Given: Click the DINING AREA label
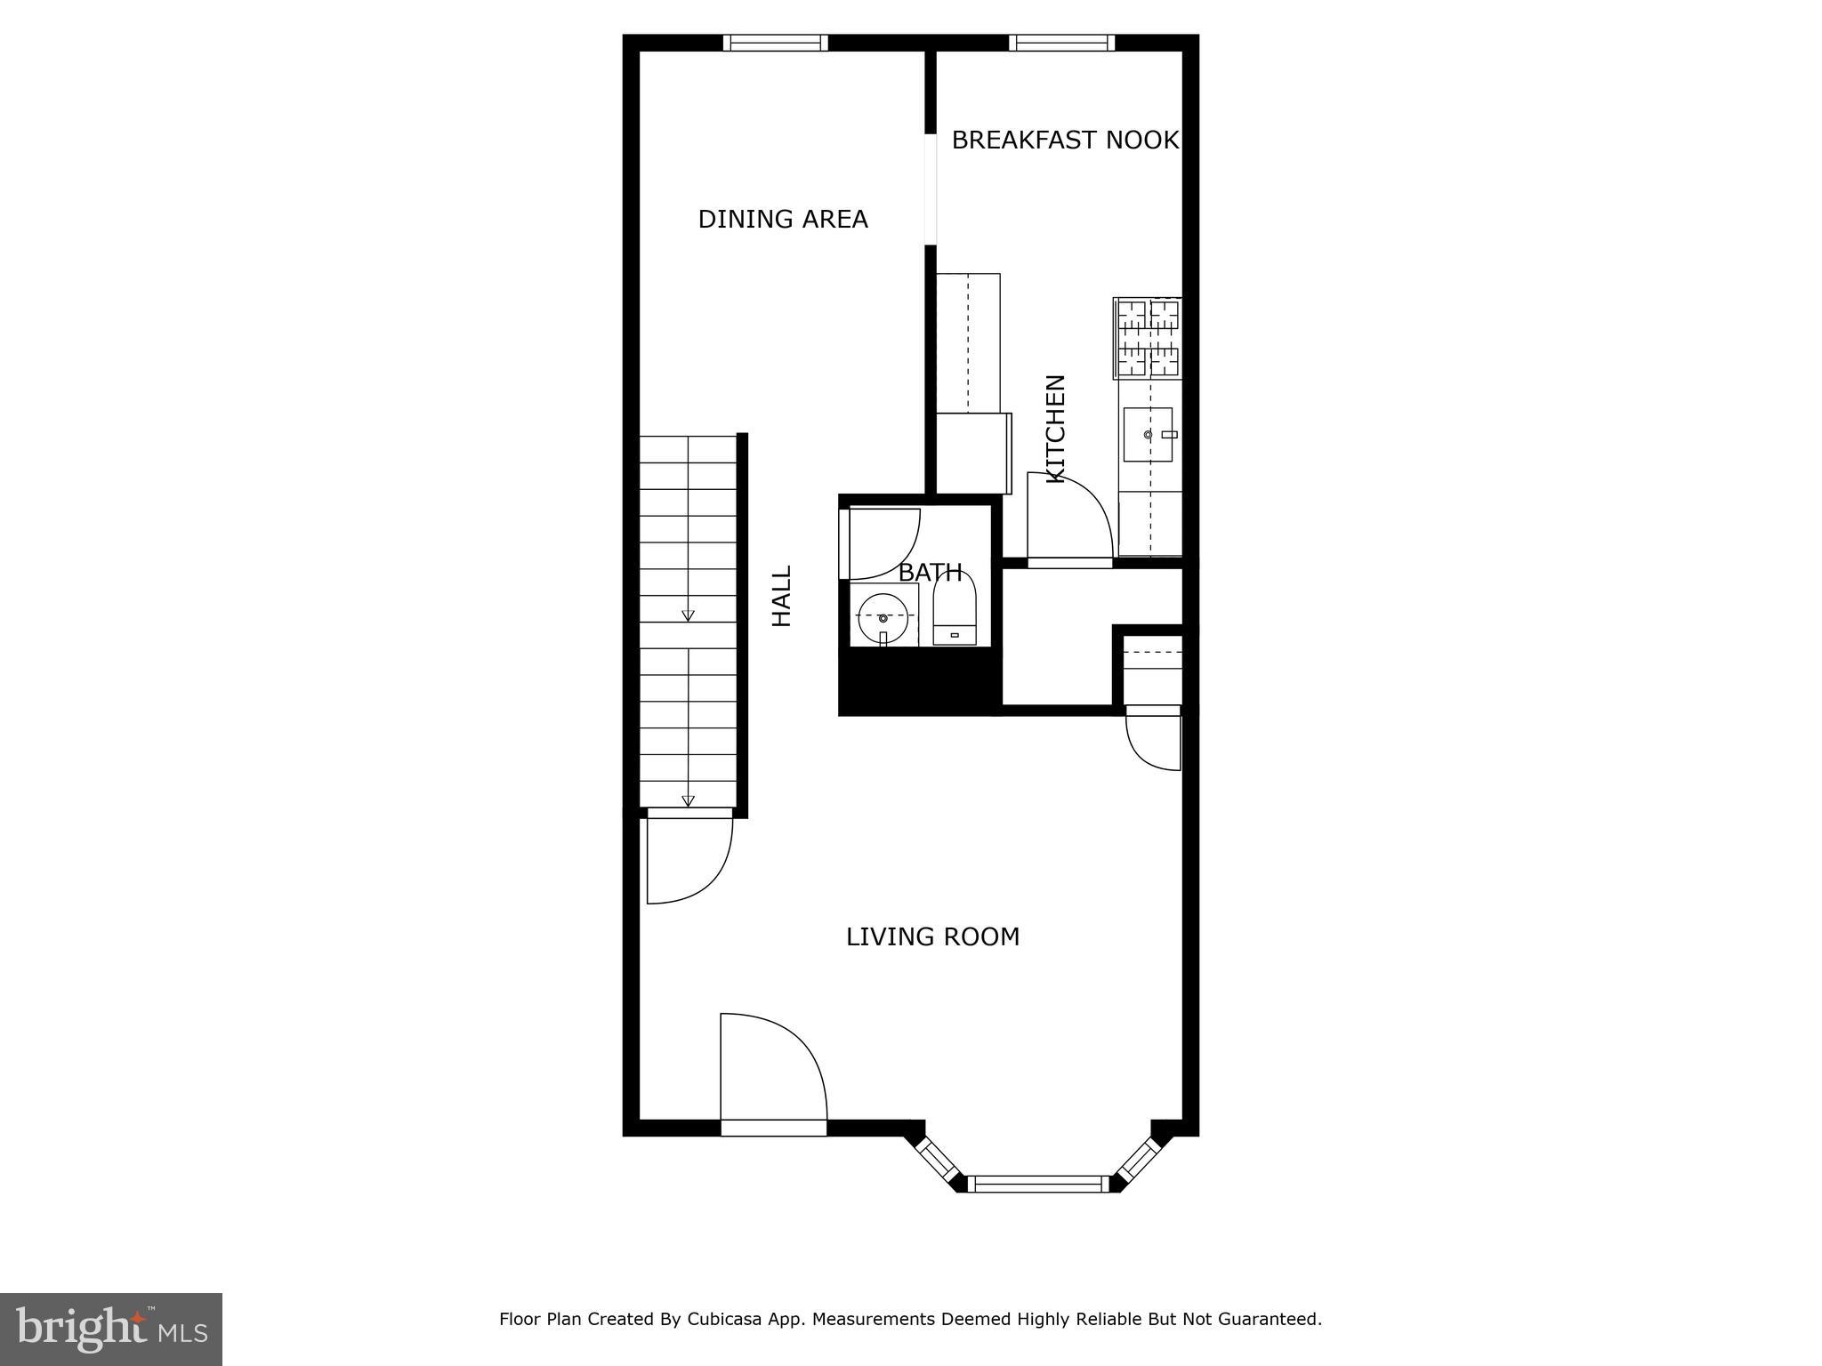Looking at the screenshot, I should (782, 220).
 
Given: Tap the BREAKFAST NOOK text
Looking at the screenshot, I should (1064, 141).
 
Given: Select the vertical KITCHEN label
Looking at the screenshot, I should (1055, 429).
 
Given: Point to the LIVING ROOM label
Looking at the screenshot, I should (932, 937).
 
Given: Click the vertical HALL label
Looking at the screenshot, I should (781, 596).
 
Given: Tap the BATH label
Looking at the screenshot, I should (930, 573).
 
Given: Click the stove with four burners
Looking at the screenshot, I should (1148, 339).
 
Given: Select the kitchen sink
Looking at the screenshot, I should (1148, 435).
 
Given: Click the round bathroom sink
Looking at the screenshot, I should (883, 617).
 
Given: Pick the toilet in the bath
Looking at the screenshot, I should (955, 613).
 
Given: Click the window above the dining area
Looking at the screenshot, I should (775, 43).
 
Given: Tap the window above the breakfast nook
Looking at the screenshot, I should (1061, 43).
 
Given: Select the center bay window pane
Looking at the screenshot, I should (1038, 1183).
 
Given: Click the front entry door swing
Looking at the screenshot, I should (772, 1072).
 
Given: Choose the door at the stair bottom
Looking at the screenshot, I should (689, 858).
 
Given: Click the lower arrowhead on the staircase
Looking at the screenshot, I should (688, 800).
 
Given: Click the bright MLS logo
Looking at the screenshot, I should (111, 1330).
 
